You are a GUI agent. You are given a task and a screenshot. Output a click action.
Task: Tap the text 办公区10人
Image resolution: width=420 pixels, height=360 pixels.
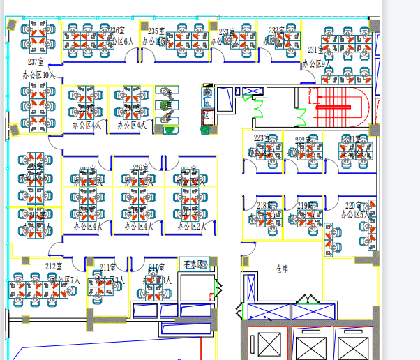pyautogui.click(x=38, y=74)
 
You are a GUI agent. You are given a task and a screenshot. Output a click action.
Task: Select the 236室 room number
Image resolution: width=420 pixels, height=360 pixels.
pyautogui.click(x=117, y=31)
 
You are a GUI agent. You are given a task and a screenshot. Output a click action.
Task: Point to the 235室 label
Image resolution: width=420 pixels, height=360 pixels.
pyautogui.click(x=156, y=31)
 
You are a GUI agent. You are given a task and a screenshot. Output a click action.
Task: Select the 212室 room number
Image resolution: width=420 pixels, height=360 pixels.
pyautogui.click(x=54, y=267)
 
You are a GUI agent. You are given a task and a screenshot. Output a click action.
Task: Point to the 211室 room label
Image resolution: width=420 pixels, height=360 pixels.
pyautogui.click(x=107, y=267)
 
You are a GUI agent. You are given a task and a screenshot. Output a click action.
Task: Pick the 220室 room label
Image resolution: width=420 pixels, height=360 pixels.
pyautogui.click(x=354, y=206)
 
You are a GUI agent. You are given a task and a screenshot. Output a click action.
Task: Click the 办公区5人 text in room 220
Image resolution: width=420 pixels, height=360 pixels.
pyautogui.click(x=354, y=216)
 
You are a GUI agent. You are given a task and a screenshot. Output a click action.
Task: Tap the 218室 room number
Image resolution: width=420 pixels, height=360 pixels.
pyautogui.click(x=264, y=206)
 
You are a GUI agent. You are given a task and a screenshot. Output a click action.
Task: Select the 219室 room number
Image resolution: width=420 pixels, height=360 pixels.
pyautogui.click(x=305, y=206)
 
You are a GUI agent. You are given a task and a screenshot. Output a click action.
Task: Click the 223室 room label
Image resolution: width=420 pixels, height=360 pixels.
pyautogui.click(x=262, y=138)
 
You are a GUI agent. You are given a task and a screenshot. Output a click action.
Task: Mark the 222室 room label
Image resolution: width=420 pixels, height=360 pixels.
pyautogui.click(x=302, y=140)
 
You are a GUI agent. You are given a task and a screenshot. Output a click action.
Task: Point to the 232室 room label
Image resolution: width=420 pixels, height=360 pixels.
pyautogui.click(x=277, y=31)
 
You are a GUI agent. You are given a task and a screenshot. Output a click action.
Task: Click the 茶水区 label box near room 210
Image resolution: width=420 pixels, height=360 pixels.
pyautogui.click(x=194, y=264)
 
